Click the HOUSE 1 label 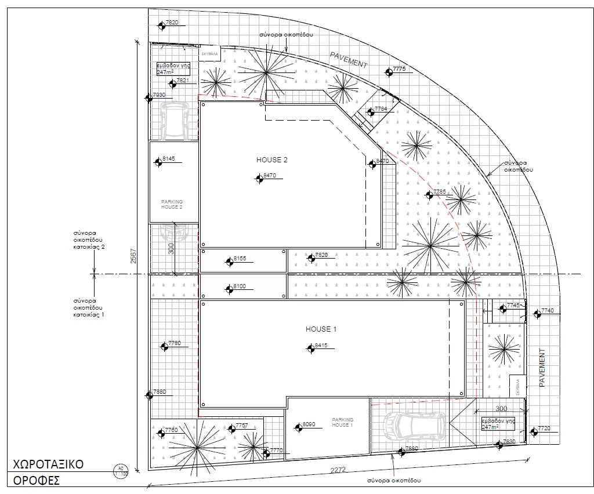pyautogui.click(x=321, y=329)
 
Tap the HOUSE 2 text pyautogui.click(x=271, y=159)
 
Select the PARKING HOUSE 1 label pyautogui.click(x=342, y=422)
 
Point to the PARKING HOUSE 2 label pyautogui.click(x=172, y=204)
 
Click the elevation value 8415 pyautogui.click(x=321, y=346)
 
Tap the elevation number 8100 pyautogui.click(x=240, y=286)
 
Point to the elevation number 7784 pyautogui.click(x=381, y=108)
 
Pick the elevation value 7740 pyautogui.click(x=548, y=311)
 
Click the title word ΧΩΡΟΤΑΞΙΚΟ pyautogui.click(x=49, y=464)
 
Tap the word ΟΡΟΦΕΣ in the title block pyautogui.click(x=37, y=481)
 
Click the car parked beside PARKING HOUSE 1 pyautogui.click(x=415, y=426)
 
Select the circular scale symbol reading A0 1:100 pyautogui.click(x=121, y=470)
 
